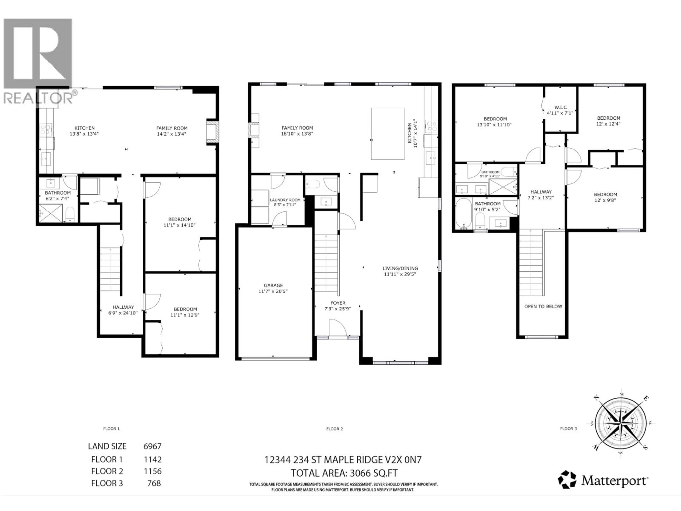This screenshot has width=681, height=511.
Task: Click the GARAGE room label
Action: pyautogui.click(x=273, y=285)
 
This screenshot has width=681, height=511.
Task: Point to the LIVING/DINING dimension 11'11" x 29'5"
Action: pyautogui.click(x=400, y=274)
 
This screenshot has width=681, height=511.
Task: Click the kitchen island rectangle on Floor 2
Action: pyautogui.click(x=388, y=134)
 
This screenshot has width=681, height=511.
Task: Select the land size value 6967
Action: pyautogui.click(x=152, y=446)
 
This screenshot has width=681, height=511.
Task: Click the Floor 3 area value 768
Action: pyautogui.click(x=154, y=483)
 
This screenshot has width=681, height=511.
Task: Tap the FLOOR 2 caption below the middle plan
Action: pyautogui.click(x=334, y=429)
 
